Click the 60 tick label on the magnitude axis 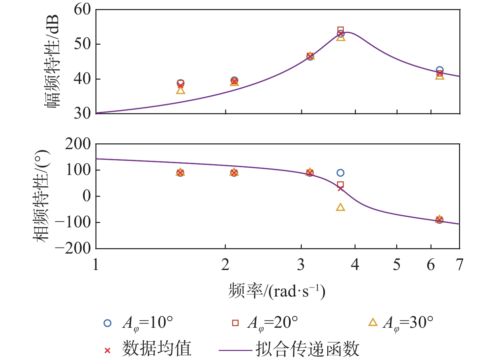coord(82,9)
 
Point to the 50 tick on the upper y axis coord(82,44)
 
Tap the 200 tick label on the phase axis coord(78,144)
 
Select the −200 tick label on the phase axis coord(73,248)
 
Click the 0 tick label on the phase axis coord(87,196)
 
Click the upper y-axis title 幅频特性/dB coord(52,61)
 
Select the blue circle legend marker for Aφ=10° coord(107,323)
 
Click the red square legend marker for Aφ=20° coord(235,323)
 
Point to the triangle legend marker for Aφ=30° coord(373,323)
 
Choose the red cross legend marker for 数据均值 coord(107,351)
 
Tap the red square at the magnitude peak coord(340,30)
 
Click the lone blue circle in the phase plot coord(340,173)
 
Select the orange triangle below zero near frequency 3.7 coord(340,207)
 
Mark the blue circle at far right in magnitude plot coord(440,70)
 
